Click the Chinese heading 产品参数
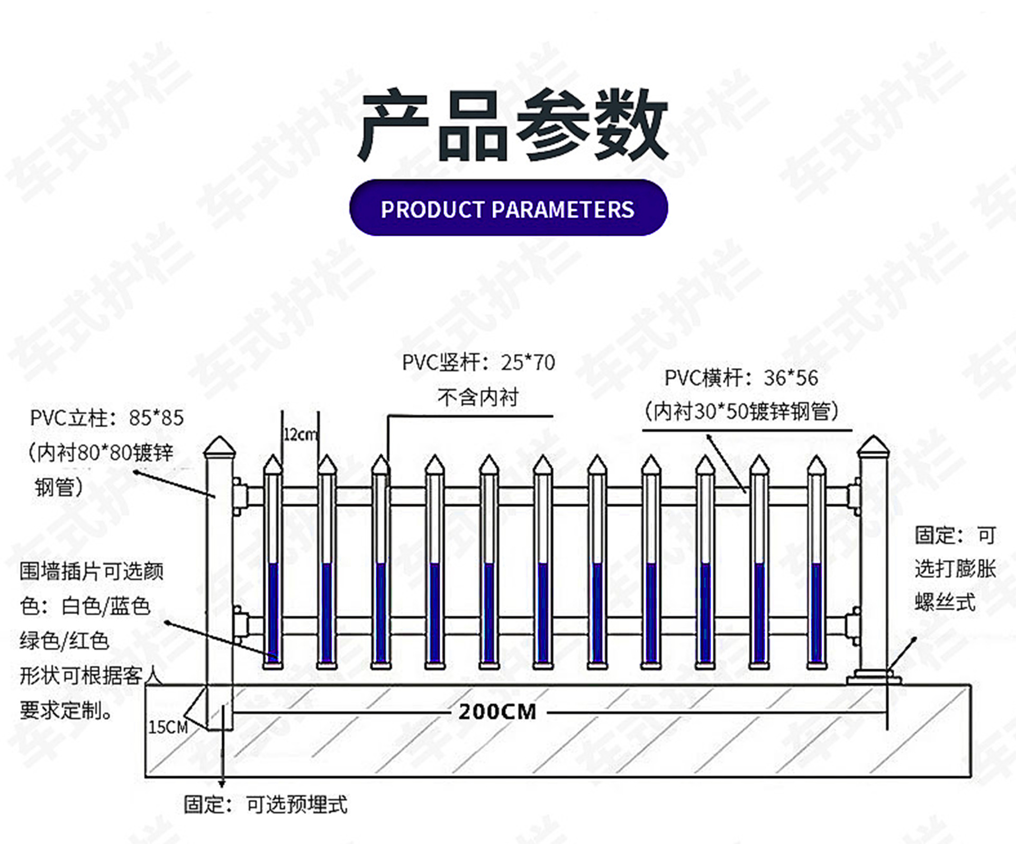[512, 126]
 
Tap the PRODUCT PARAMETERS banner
[508, 209]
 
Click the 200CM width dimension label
[497, 712]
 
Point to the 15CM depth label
[168, 727]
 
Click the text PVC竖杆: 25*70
[478, 363]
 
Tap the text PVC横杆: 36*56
[741, 378]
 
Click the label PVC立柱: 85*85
[106, 418]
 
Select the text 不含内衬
[478, 397]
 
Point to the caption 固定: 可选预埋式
[265, 804]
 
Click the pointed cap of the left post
[220, 448]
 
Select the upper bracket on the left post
[239, 496]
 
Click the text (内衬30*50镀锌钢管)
[741, 411]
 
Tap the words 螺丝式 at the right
[945, 602]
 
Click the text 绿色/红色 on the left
[64, 641]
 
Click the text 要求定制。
[66, 710]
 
